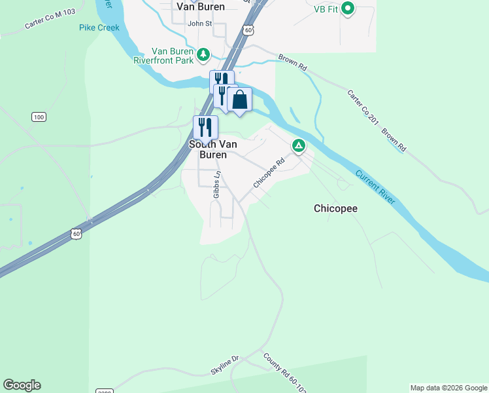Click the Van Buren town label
pyautogui.click(x=201, y=7)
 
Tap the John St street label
pyautogui.click(x=200, y=24)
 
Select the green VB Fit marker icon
pyautogui.click(x=348, y=9)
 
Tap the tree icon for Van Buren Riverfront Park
pyautogui.click(x=204, y=54)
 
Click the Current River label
pyautogui.click(x=375, y=187)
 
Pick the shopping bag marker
pyautogui.click(x=240, y=100)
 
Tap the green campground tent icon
pyautogui.click(x=299, y=145)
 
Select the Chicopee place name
pyautogui.click(x=335, y=209)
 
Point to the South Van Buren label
pyautogui.click(x=208, y=149)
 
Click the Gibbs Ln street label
pyautogui.click(x=217, y=185)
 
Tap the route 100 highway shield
pyautogui.click(x=39, y=117)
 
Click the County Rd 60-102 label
pyautogui.click(x=285, y=373)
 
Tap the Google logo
pyautogui.click(x=22, y=385)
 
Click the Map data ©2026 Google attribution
pyautogui.click(x=448, y=388)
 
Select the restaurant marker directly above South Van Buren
pyautogui.click(x=205, y=126)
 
